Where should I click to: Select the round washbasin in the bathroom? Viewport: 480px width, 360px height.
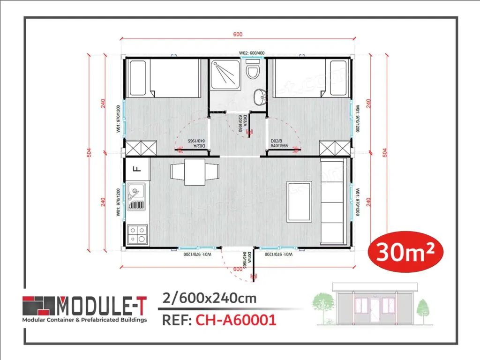click(x=258, y=97)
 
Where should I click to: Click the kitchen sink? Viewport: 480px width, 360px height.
click(x=136, y=198)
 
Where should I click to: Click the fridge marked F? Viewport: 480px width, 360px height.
click(x=138, y=168)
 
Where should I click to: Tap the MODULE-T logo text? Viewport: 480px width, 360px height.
click(x=101, y=306)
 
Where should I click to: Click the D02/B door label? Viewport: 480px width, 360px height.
click(x=279, y=143)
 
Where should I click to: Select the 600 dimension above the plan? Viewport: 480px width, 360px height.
click(x=238, y=34)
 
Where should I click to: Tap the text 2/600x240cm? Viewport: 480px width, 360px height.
click(x=209, y=298)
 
